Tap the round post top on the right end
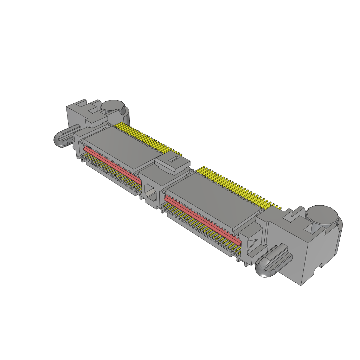[x=322, y=215]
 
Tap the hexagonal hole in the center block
[x=152, y=193]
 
